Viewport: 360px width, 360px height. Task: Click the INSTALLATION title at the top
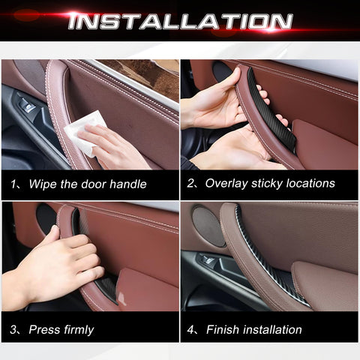coord(180,20)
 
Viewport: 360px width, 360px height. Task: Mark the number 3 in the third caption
coord(13,329)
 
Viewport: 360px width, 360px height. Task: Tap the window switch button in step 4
coord(208,261)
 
